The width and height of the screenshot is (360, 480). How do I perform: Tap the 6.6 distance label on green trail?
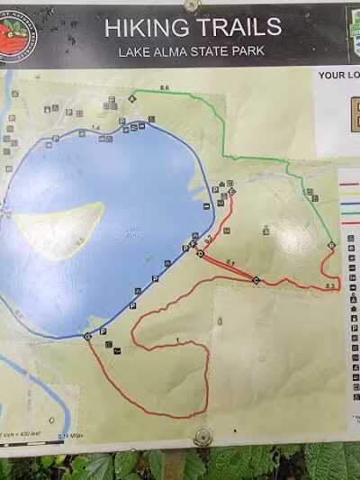(164, 86)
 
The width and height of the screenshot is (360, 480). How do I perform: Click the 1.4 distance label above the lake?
(95, 130)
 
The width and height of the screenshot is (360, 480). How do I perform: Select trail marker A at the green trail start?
(132, 96)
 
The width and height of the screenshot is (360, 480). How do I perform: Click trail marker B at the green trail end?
(331, 246)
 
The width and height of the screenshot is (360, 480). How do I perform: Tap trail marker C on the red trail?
(256, 280)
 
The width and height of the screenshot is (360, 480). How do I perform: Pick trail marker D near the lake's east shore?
(200, 254)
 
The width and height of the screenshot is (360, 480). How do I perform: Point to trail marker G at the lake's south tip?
(87, 337)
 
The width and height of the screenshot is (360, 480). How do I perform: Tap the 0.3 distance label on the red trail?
(330, 285)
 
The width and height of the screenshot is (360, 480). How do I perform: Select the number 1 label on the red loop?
(178, 340)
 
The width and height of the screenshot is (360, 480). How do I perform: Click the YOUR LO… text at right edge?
(338, 76)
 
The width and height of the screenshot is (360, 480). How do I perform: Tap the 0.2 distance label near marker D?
(208, 239)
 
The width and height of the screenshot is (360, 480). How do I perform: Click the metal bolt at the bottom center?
(202, 438)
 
